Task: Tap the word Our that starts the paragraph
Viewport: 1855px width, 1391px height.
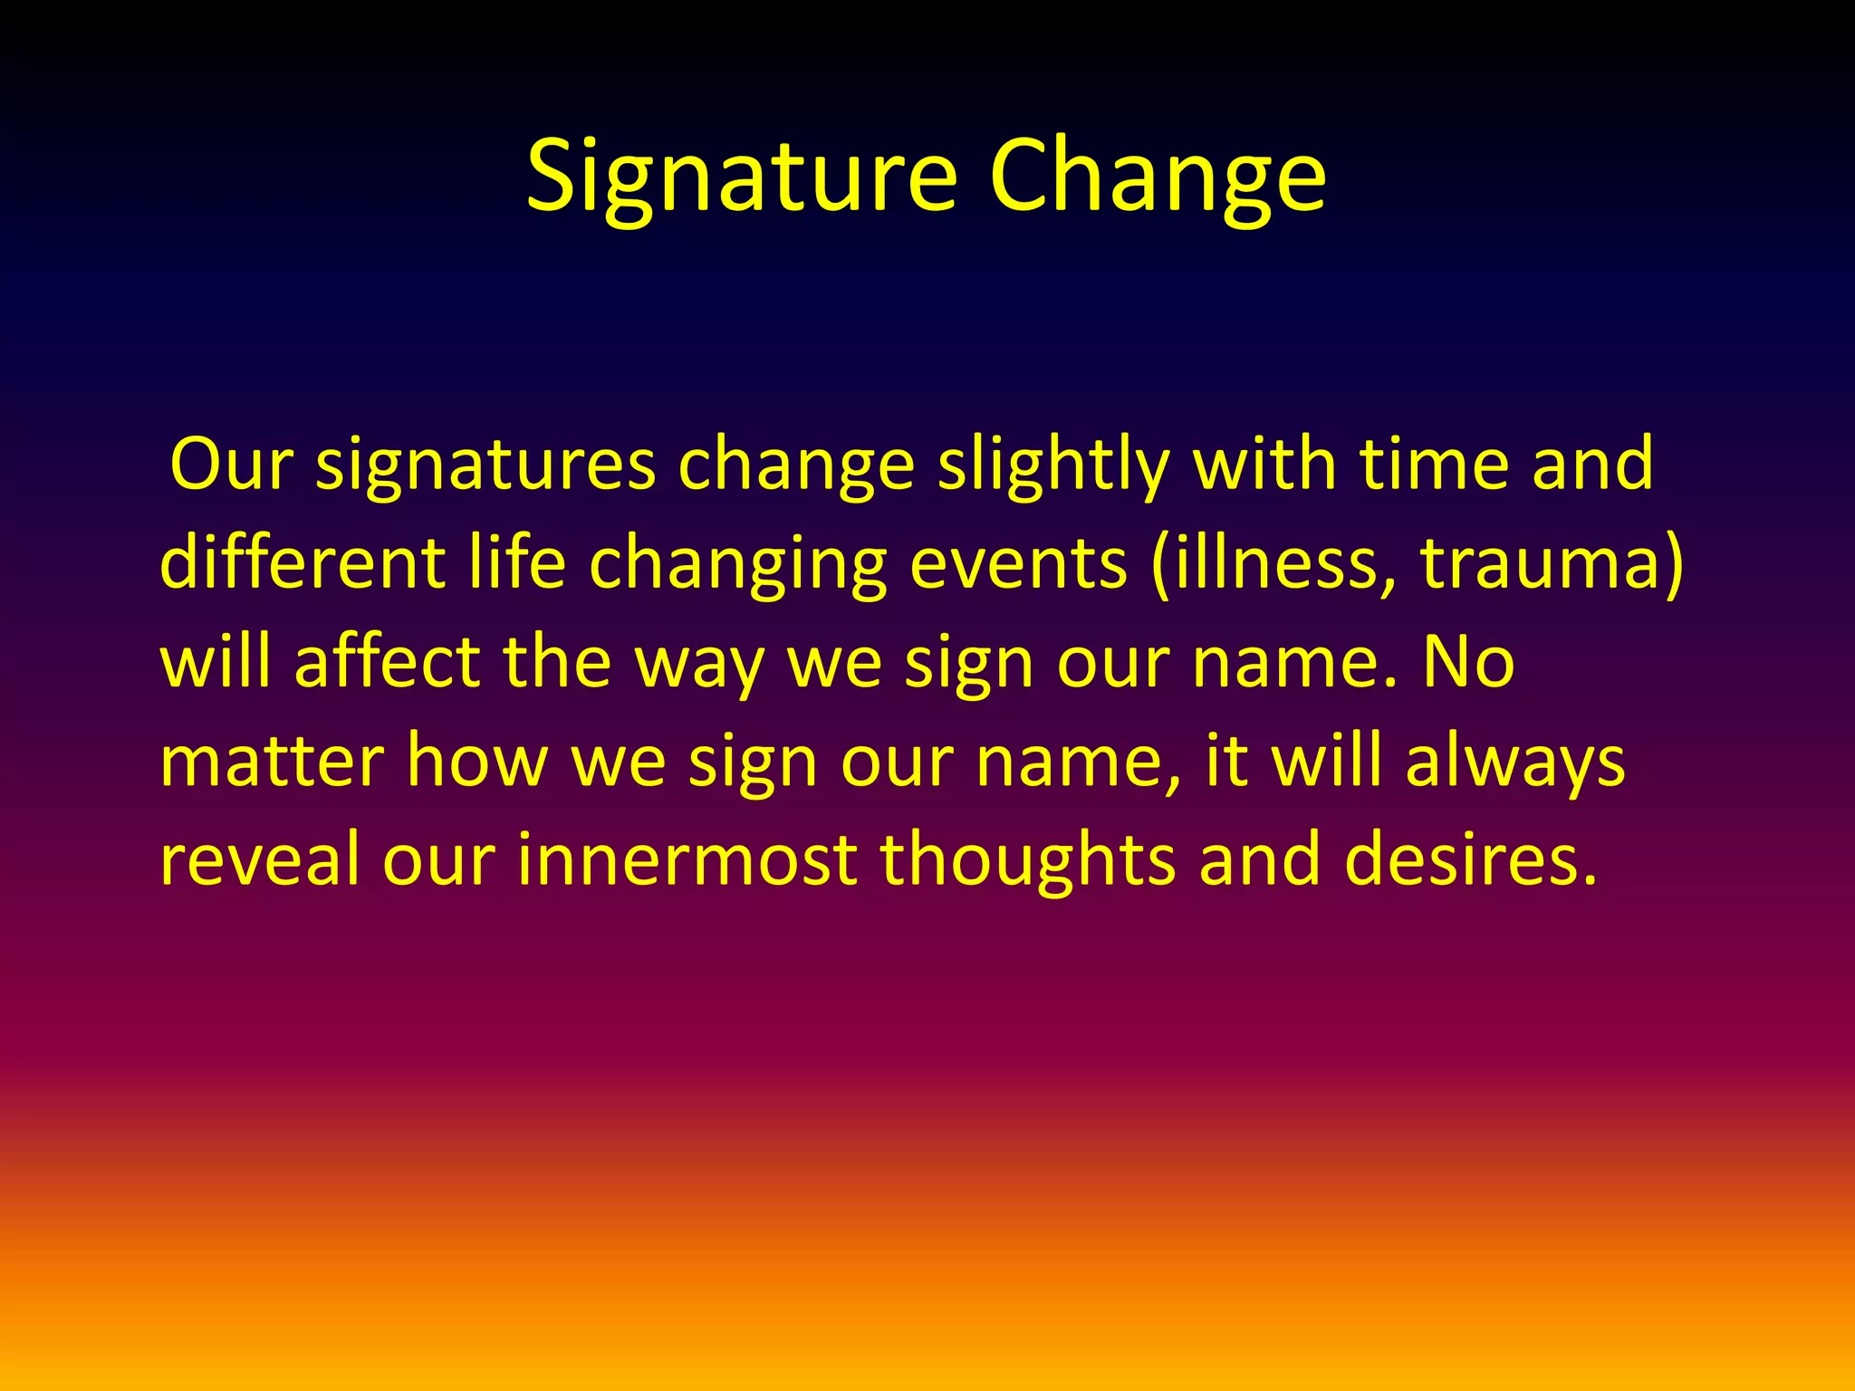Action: tap(232, 465)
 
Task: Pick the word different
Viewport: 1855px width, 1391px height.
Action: tap(303, 563)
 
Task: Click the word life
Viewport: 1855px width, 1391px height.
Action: tap(517, 563)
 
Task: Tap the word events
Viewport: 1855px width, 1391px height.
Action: tap(1019, 563)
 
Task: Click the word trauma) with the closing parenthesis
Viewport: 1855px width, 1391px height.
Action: tap(1552, 563)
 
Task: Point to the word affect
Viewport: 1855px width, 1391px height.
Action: tap(388, 662)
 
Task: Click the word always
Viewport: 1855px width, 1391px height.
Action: tap(1515, 763)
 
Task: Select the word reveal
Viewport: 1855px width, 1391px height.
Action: tap(259, 859)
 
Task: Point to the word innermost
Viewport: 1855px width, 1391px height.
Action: tap(687, 859)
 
